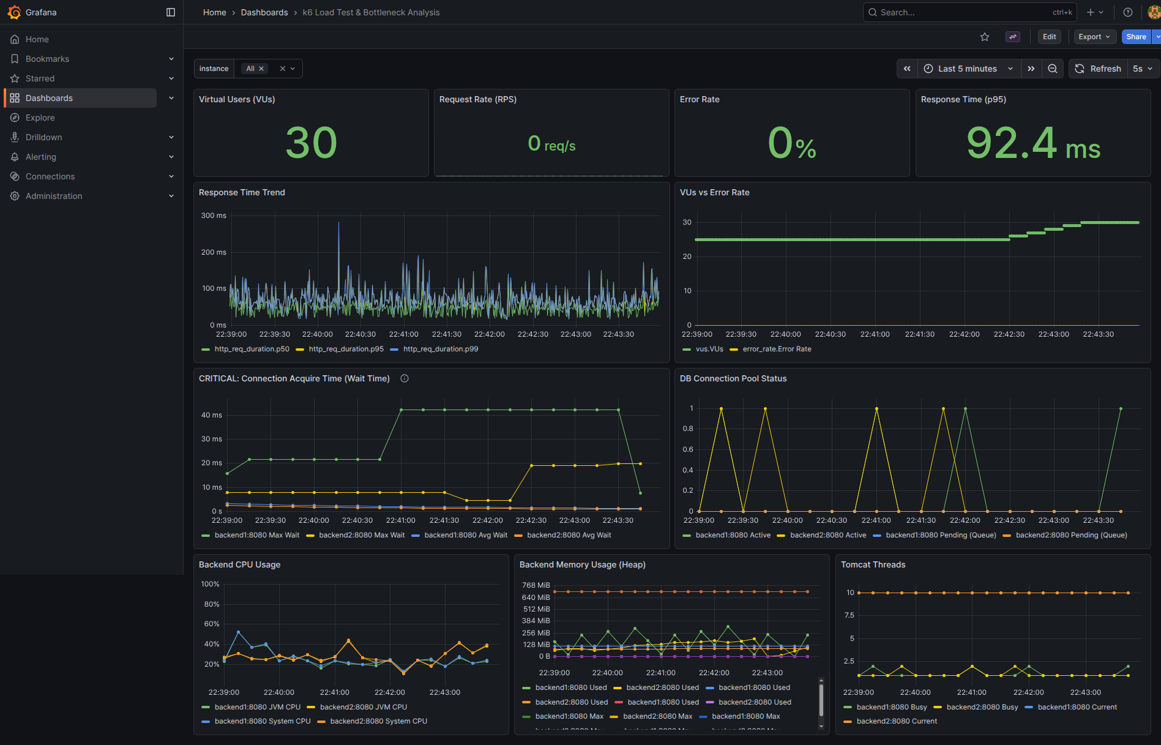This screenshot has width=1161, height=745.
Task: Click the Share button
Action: click(x=1136, y=37)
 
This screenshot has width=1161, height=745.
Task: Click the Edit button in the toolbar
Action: click(x=1049, y=37)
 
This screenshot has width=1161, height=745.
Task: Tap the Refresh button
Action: click(x=1098, y=69)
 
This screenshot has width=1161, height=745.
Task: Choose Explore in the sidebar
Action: click(x=40, y=118)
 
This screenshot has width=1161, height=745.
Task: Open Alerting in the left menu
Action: click(x=40, y=157)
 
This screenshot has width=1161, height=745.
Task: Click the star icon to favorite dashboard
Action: click(x=985, y=37)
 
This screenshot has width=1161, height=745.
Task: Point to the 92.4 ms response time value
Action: click(x=1033, y=143)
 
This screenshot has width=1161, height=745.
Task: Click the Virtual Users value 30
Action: click(x=311, y=143)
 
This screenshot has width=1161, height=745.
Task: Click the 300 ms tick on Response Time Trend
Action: click(x=214, y=215)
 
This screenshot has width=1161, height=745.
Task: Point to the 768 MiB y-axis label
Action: click(x=536, y=585)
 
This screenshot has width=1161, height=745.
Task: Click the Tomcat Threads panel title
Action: click(x=873, y=564)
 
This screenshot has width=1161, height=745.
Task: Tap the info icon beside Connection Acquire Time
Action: click(x=405, y=378)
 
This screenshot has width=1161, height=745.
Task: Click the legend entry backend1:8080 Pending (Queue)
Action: click(x=935, y=535)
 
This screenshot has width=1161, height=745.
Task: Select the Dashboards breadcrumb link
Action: click(x=264, y=12)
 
